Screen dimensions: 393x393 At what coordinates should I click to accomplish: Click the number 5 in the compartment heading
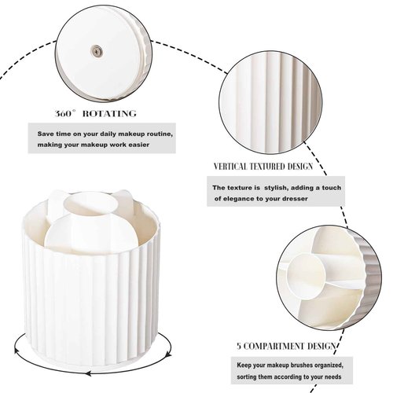coord(238,345)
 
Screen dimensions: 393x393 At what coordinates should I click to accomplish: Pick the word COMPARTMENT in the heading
coord(271,345)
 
